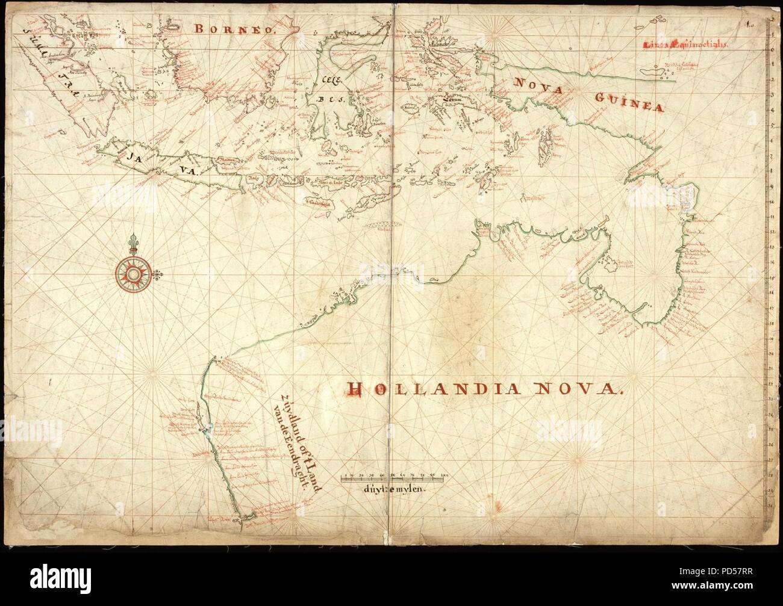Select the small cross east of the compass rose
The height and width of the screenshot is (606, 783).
coord(158,276)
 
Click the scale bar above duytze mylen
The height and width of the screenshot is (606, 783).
coord(395,479)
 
